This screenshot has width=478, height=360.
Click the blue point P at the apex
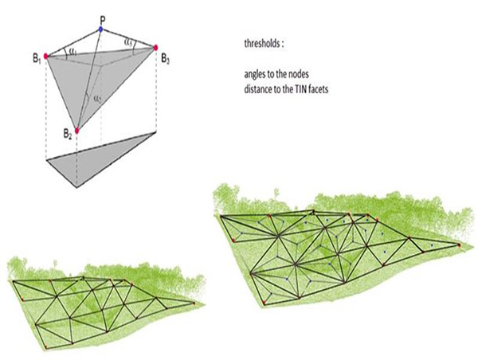click(x=101, y=29)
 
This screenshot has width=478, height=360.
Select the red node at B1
click(x=47, y=56)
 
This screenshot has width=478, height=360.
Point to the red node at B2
click(x=76, y=131)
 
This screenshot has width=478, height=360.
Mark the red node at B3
click(x=155, y=48)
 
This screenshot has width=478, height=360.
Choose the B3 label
click(x=165, y=58)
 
